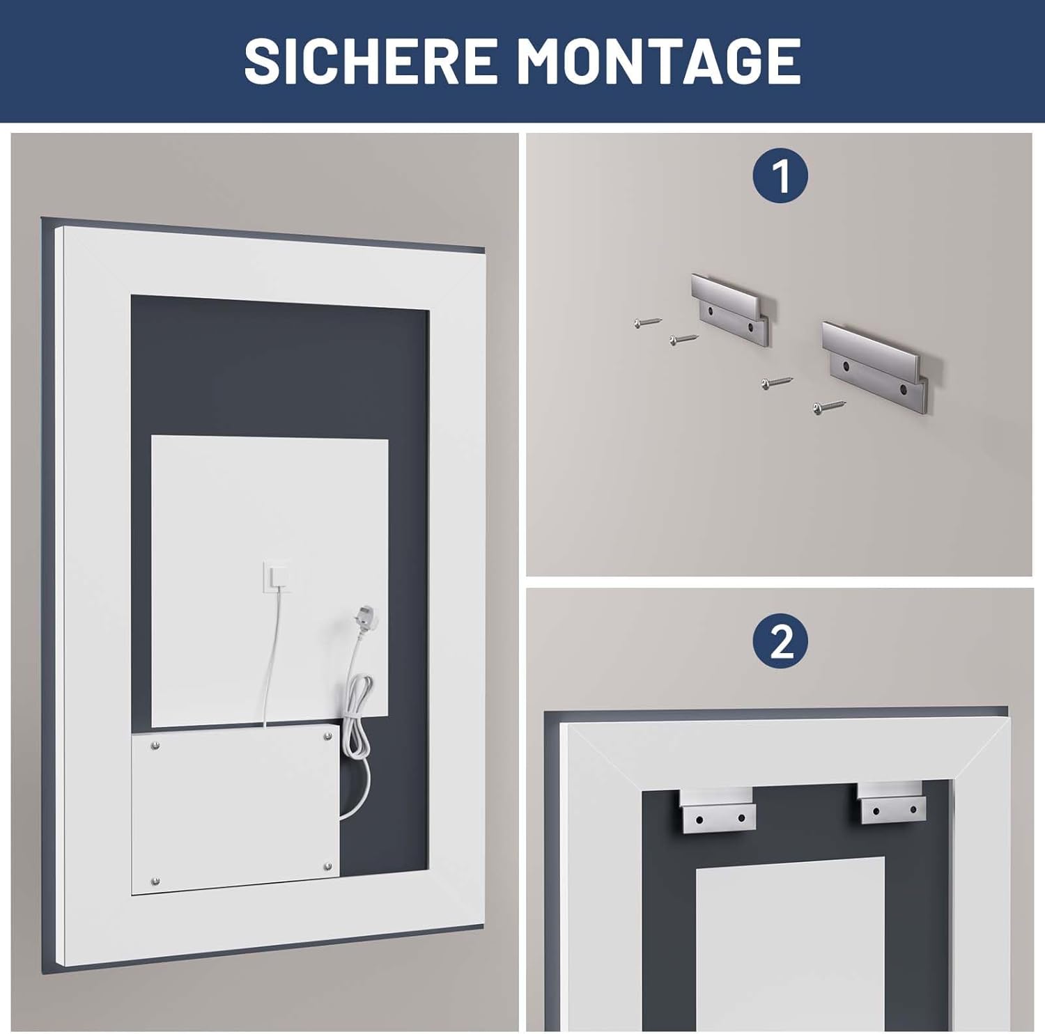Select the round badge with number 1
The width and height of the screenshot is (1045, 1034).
(780, 176)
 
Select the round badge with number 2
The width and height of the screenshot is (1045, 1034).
(780, 641)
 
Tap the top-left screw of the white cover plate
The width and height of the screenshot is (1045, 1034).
(155, 744)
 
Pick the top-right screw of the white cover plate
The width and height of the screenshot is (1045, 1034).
(326, 735)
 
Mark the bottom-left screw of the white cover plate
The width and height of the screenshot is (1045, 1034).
(154, 882)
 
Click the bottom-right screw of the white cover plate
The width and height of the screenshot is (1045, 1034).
(327, 867)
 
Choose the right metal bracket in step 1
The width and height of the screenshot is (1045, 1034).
(881, 366)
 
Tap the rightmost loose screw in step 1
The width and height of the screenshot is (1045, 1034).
(829, 405)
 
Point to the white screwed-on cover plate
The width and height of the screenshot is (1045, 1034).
(235, 812)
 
